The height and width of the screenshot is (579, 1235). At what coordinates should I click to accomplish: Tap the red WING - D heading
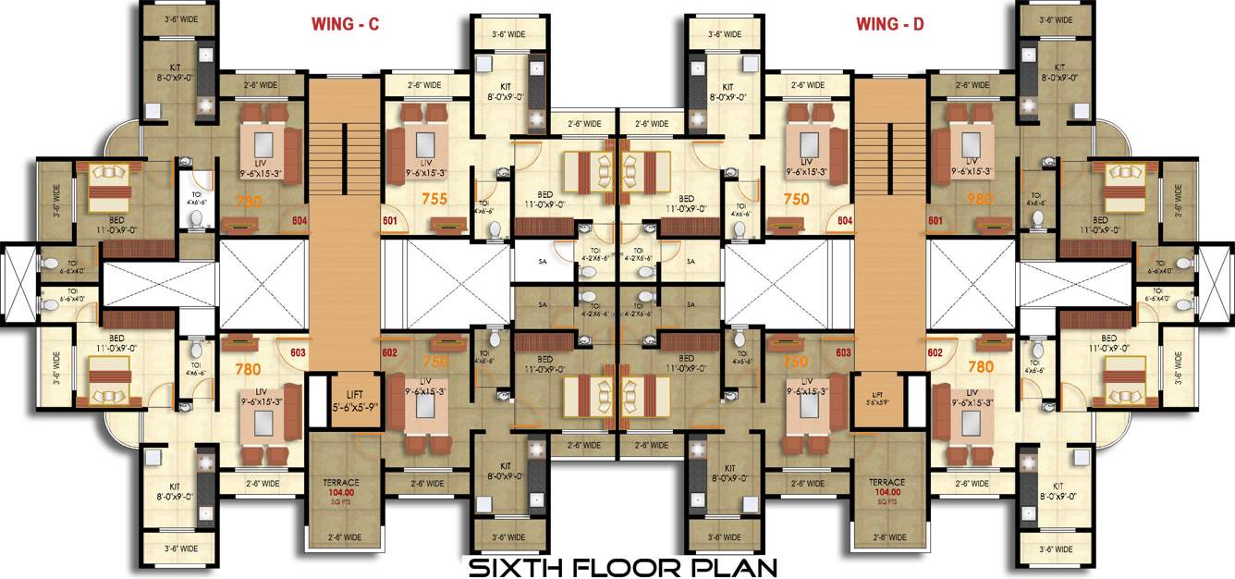(x=889, y=26)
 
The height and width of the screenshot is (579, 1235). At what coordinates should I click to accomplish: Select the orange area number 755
(x=409, y=198)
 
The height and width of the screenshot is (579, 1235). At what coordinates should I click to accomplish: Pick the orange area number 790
(x=250, y=200)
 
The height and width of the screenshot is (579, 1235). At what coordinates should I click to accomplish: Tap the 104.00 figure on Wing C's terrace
(x=342, y=493)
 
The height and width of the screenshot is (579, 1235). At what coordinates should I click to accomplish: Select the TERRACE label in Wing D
(x=887, y=483)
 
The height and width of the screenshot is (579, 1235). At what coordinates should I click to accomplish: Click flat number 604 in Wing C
(x=299, y=220)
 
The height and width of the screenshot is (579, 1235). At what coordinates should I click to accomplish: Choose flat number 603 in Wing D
(x=843, y=352)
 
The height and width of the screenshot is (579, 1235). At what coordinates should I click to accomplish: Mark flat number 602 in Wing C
(x=389, y=352)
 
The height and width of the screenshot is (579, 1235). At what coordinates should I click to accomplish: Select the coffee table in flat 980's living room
(x=969, y=145)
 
